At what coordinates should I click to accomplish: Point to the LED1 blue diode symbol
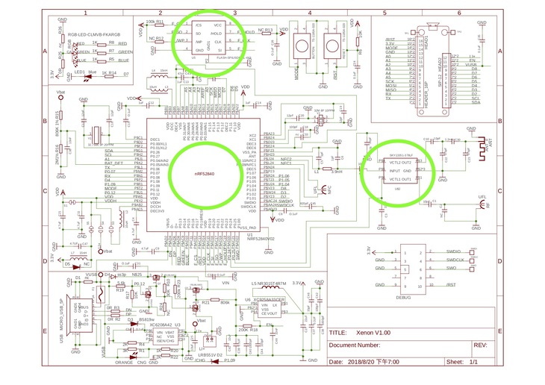click(x=80, y=73)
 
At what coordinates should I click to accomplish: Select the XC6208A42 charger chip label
click(x=160, y=325)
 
